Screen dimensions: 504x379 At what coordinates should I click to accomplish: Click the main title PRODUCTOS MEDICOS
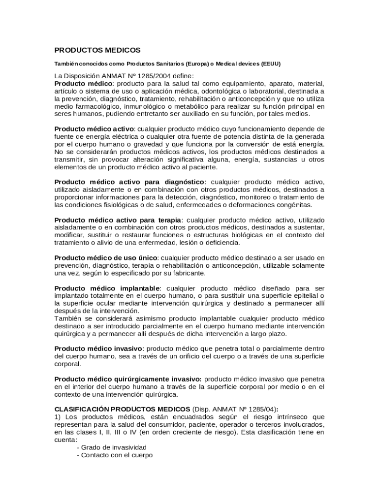pos(97,50)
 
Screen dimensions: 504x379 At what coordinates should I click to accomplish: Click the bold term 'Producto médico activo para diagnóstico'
pos(129,182)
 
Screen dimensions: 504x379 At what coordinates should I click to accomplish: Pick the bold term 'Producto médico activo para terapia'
pos(118,220)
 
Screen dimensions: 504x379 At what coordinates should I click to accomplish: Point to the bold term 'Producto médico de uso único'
pos(106,258)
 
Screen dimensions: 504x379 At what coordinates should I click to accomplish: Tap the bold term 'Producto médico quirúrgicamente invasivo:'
pos(127,379)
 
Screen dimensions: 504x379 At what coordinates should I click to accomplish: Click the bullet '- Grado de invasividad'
pos(112,448)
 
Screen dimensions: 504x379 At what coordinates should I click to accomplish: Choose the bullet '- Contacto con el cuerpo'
pos(115,456)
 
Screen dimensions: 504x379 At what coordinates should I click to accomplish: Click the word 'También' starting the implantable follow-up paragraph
pos(67,318)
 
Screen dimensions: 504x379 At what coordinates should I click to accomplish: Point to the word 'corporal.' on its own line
pos(68,364)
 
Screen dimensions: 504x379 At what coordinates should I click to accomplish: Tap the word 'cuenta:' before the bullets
pos(66,440)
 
